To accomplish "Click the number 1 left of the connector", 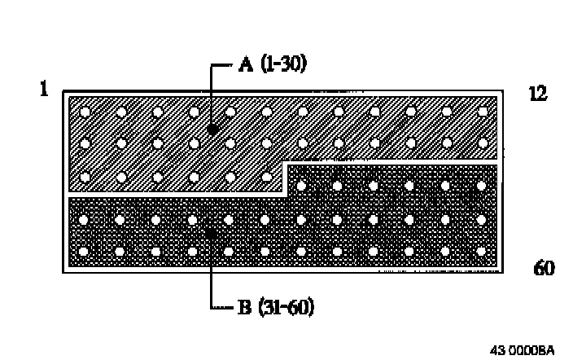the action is click(x=44, y=89).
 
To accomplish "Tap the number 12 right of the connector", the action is click(x=538, y=94).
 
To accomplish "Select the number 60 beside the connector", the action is click(x=544, y=267).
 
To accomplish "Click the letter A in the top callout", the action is click(x=245, y=66).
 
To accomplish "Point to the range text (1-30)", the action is click(x=283, y=66).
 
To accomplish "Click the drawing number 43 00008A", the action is click(x=523, y=350).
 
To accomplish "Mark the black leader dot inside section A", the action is click(x=211, y=129).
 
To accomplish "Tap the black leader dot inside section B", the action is click(x=211, y=234).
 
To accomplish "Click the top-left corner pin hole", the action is click(x=85, y=111).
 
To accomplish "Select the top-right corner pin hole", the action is click(x=482, y=111).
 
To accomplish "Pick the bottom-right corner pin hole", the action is click(x=482, y=250).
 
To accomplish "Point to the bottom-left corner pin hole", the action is click(x=84, y=250).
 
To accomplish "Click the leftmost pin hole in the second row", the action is click(x=85, y=143).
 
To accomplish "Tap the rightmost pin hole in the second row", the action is click(x=482, y=143).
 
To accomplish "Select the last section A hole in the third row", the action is click(x=266, y=176).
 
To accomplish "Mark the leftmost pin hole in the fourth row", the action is click(x=84, y=219).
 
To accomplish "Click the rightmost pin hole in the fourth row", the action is click(x=482, y=219).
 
